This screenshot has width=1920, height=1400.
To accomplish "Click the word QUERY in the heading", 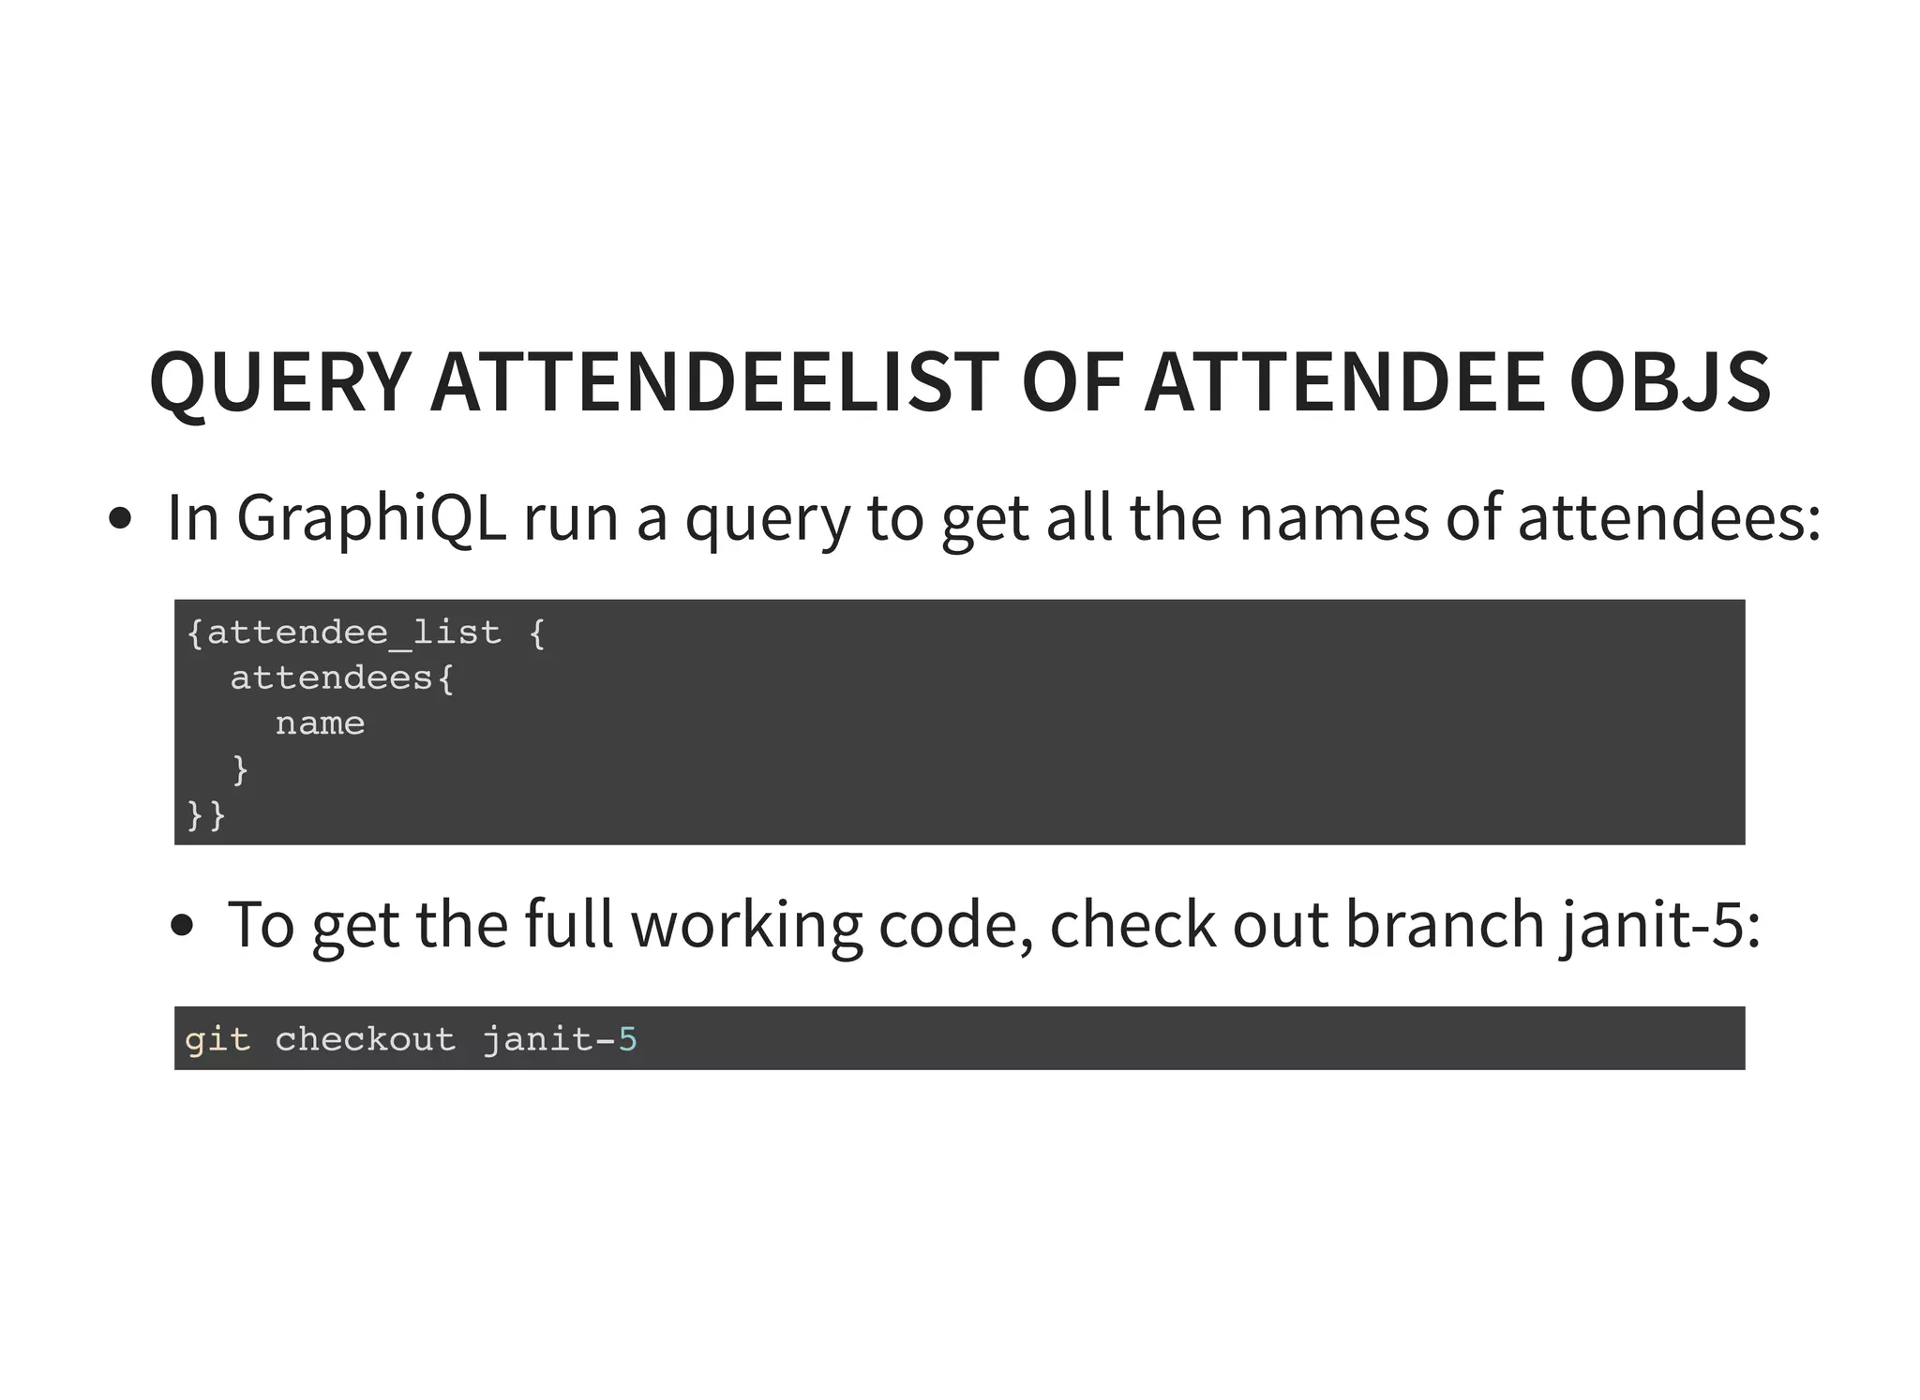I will tap(279, 382).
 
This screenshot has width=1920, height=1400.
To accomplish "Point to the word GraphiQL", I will tap(371, 518).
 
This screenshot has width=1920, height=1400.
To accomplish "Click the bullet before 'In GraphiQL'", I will tap(120, 519).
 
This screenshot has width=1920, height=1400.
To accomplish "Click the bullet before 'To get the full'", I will tap(182, 926).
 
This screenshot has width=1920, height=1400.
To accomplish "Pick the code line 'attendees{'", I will tap(342, 678).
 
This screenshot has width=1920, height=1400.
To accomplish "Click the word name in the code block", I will tap(320, 723).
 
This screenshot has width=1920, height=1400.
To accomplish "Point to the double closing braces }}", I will tap(206, 814).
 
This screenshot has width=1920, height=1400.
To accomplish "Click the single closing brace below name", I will tap(240, 769).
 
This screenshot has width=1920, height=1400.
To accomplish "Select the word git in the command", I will tap(217, 1039).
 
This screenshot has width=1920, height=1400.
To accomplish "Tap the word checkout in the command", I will tap(365, 1039).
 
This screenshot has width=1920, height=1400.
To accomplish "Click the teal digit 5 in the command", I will tap(627, 1039).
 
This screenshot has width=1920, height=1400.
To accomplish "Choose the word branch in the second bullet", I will tap(1445, 925).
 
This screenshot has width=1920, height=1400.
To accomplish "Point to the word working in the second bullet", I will tap(745, 925).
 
